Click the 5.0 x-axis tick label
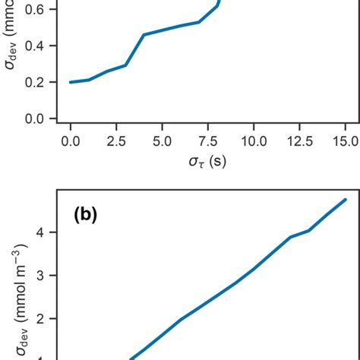click(162, 141)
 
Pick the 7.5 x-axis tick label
click(208, 141)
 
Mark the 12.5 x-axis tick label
click(299, 141)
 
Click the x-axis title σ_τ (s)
click(208, 164)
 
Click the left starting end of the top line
click(71, 82)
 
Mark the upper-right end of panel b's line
click(346, 200)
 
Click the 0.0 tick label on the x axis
click(71, 141)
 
